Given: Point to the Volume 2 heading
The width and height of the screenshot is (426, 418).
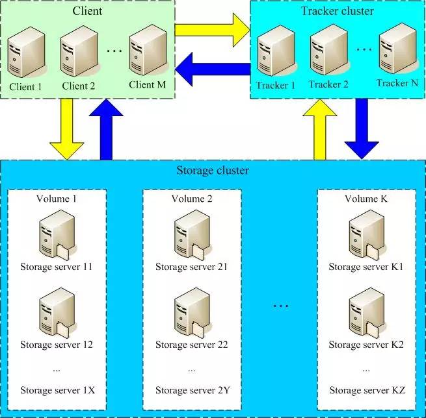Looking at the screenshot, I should click(x=191, y=198).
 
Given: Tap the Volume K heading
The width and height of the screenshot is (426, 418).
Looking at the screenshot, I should click(x=366, y=198).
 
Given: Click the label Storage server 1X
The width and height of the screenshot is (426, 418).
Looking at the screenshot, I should click(x=57, y=390).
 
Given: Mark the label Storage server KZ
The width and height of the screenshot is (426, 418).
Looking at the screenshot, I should click(x=367, y=390).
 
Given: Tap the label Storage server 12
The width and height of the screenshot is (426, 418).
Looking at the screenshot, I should click(x=57, y=344).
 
